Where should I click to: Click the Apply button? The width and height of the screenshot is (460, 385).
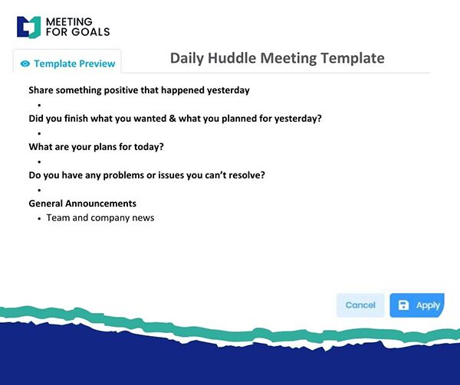417,305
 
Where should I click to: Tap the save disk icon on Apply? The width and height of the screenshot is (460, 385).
403,305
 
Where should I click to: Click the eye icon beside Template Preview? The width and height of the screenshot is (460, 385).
25,64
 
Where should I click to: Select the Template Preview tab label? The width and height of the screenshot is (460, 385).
74,64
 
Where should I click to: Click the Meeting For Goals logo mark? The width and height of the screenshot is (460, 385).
29,28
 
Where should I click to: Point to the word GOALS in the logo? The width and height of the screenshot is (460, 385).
90,32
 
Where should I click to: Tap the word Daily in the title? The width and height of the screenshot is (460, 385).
187,58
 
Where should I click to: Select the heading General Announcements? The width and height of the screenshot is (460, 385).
83,203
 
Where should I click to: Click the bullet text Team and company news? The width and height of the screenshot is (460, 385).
100,218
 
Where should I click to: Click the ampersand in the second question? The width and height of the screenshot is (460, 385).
172,119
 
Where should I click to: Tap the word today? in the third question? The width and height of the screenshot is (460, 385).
149,147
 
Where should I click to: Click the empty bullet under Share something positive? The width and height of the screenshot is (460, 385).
39,105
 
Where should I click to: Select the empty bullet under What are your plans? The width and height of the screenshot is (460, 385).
39,162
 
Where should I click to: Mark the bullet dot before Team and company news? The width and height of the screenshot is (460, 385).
39,218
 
